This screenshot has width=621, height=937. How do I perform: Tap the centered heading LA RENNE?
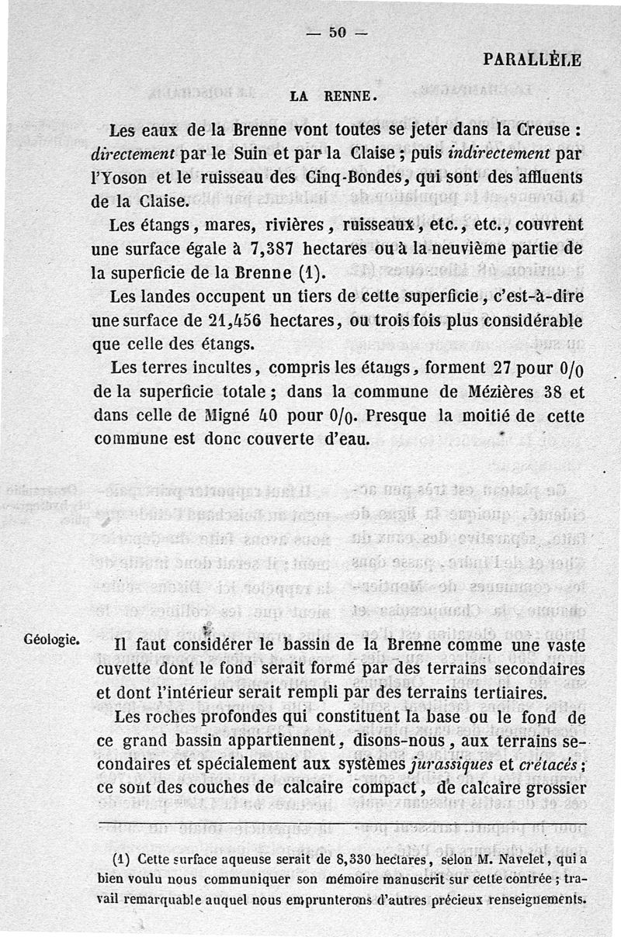tap(333, 97)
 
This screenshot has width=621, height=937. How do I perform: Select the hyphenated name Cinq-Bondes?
tap(363, 178)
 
